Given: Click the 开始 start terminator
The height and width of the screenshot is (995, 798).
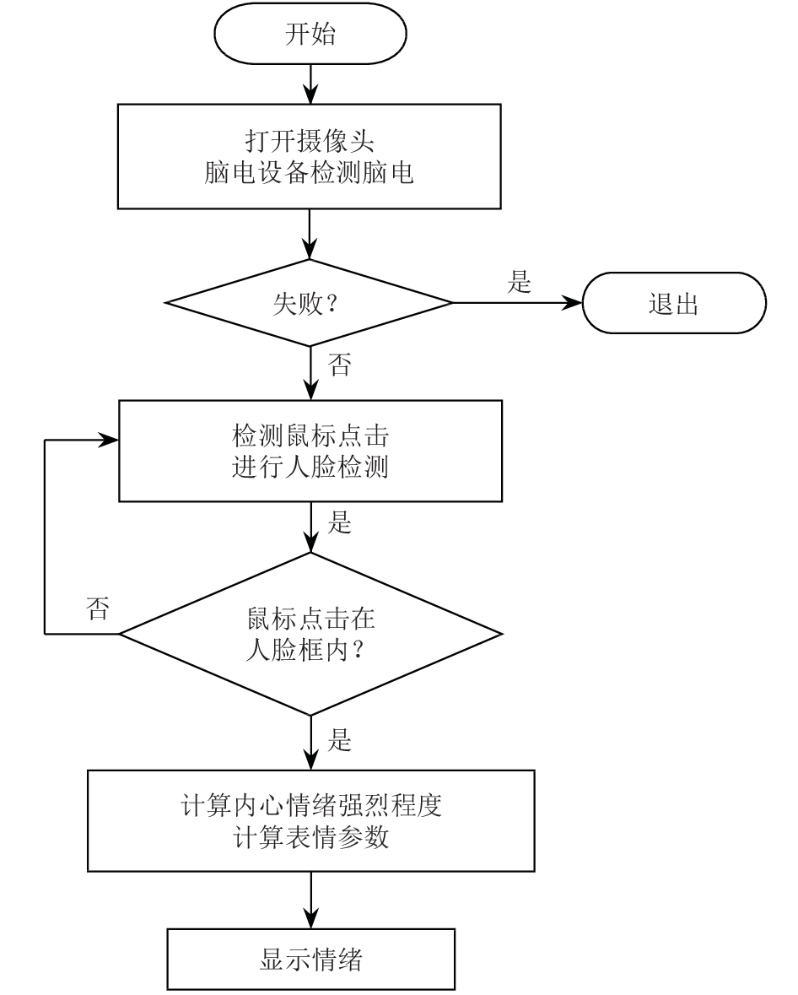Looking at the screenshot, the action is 310,34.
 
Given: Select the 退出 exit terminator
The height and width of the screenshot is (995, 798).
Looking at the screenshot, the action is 674,303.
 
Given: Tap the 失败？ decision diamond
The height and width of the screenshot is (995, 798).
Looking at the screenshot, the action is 309,303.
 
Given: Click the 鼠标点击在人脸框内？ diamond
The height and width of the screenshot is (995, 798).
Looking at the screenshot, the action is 310,634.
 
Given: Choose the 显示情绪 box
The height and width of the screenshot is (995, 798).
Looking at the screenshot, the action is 310,959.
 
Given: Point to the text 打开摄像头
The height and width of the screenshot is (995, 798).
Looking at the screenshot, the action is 310,141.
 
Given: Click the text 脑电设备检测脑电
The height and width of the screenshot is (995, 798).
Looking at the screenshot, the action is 310,173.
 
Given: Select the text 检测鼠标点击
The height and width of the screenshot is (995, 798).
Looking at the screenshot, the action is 310,436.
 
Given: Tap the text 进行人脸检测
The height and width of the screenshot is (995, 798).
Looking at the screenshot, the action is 310,467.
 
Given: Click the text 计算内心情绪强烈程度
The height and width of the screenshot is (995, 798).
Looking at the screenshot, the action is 310,805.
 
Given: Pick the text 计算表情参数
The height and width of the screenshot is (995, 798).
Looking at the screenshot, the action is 310,837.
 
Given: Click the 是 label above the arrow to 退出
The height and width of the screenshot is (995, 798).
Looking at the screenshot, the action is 519,282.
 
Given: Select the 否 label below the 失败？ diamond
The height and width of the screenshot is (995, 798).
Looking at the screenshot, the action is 339,365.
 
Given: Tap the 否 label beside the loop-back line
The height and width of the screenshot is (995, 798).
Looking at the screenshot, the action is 98,608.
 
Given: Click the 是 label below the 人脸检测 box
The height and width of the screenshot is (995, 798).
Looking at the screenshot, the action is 339,523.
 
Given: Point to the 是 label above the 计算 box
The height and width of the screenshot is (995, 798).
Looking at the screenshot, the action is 339,740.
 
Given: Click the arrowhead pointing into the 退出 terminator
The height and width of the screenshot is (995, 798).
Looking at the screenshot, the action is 574,303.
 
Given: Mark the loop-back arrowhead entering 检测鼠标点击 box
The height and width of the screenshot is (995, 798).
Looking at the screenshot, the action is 110,440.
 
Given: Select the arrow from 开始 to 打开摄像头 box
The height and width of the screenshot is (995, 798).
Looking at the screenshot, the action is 310,84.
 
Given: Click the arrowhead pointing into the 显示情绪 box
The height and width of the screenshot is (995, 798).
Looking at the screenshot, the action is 310,919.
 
